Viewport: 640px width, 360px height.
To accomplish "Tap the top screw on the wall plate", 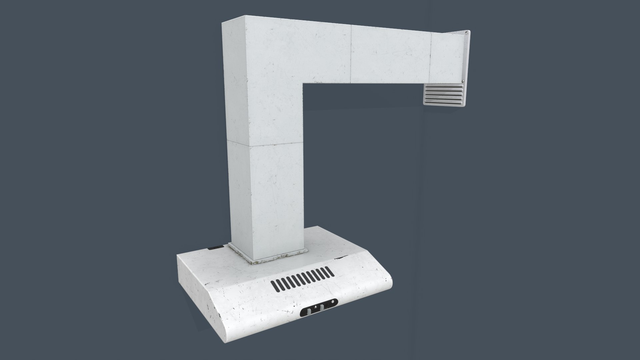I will tap(466, 33).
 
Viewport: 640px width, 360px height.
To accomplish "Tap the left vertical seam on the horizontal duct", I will tap(351, 54).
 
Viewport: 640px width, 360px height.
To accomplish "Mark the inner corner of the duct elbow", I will tap(303, 83).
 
